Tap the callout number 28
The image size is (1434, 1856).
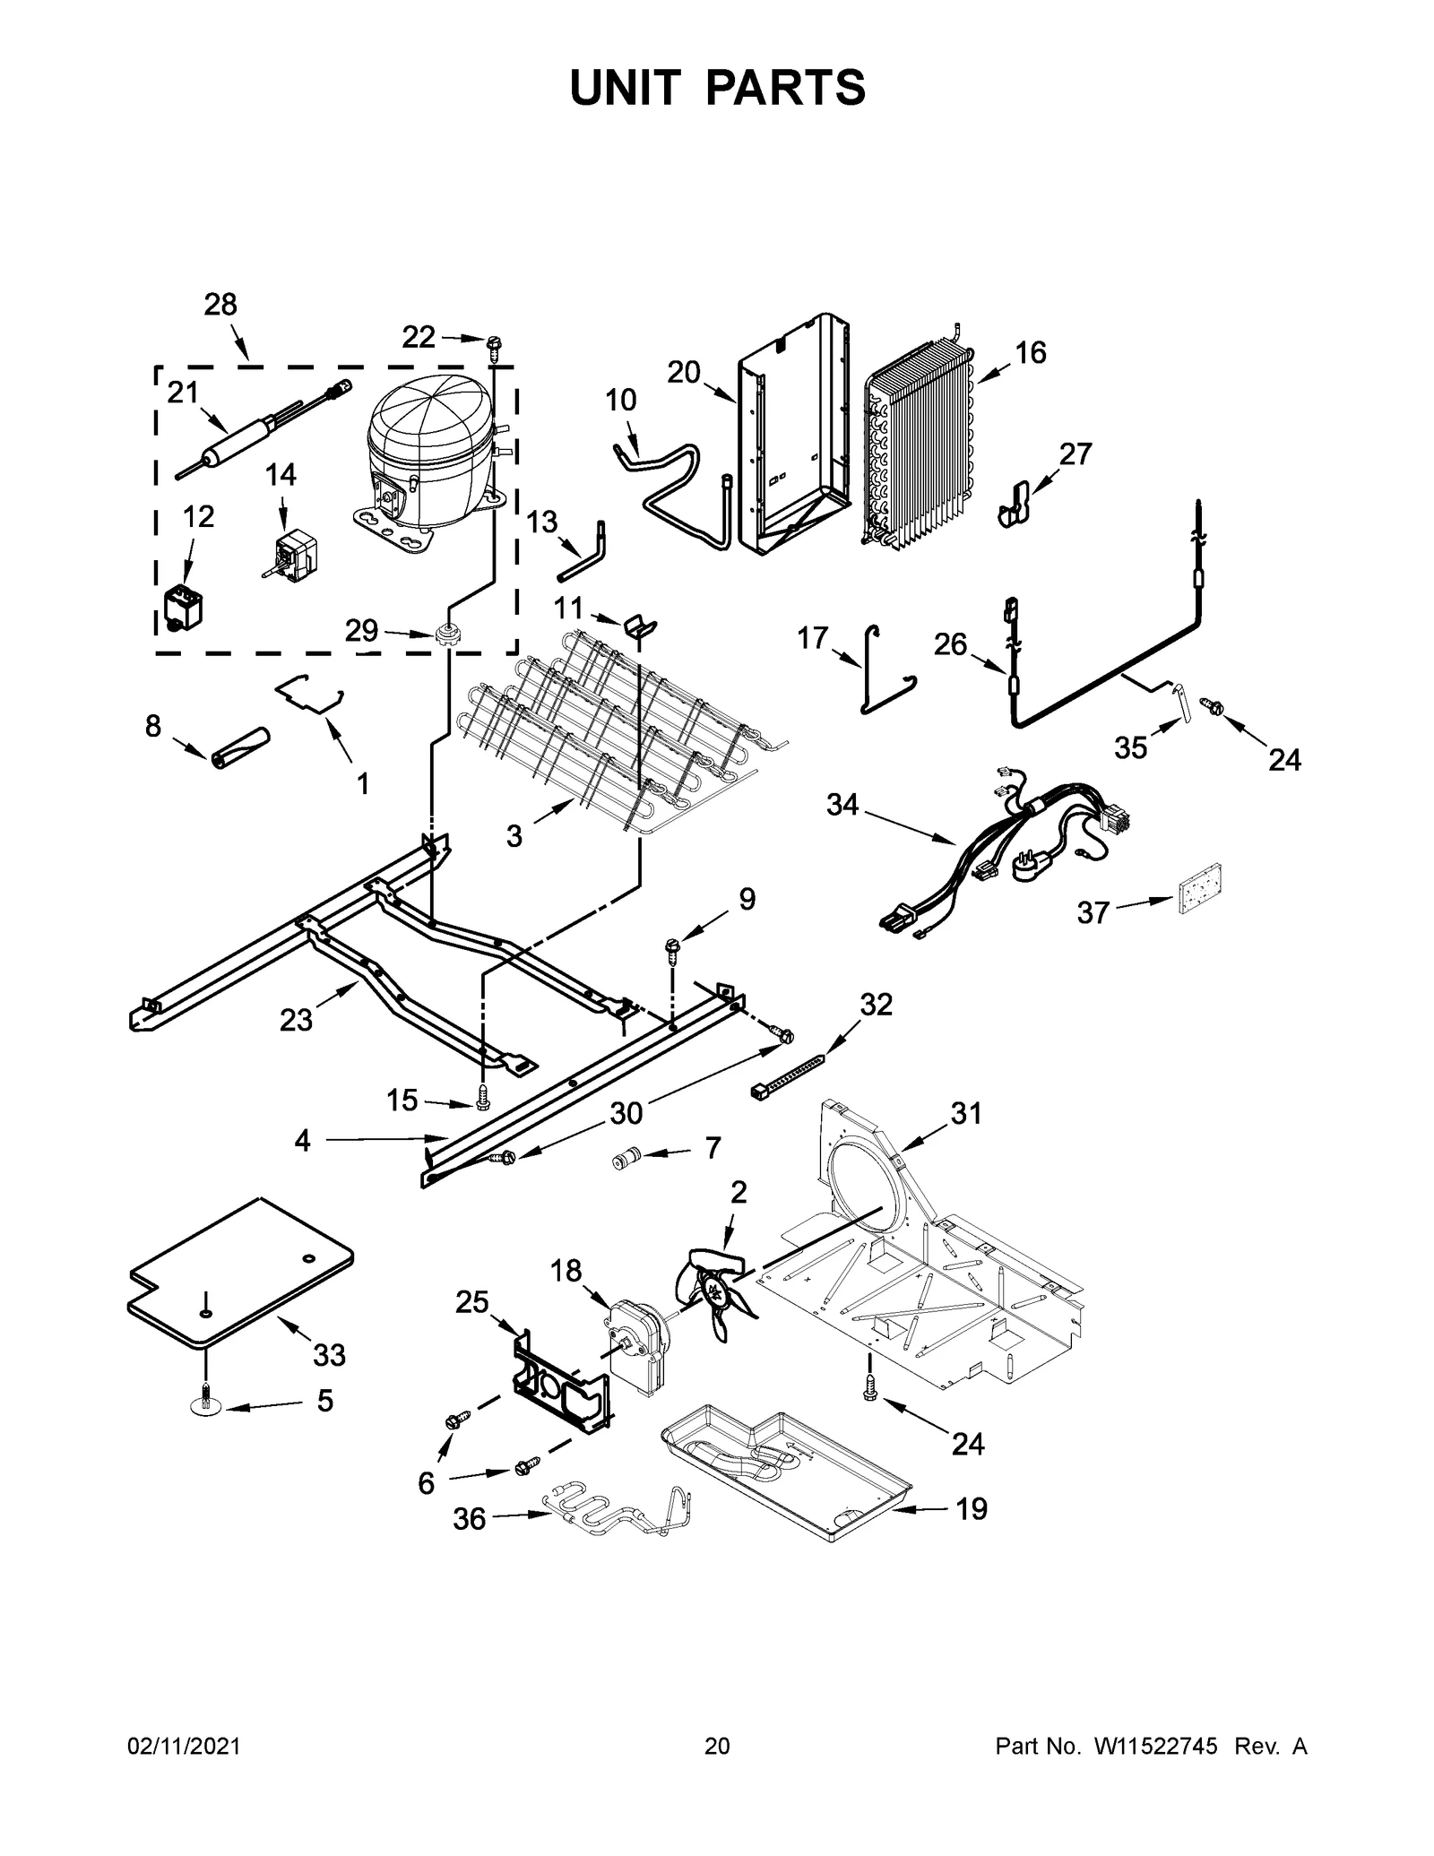click(x=220, y=305)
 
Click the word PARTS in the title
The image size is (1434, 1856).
click(x=786, y=88)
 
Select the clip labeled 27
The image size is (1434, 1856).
click(x=1015, y=505)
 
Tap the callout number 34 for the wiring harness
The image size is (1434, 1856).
click(x=842, y=805)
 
